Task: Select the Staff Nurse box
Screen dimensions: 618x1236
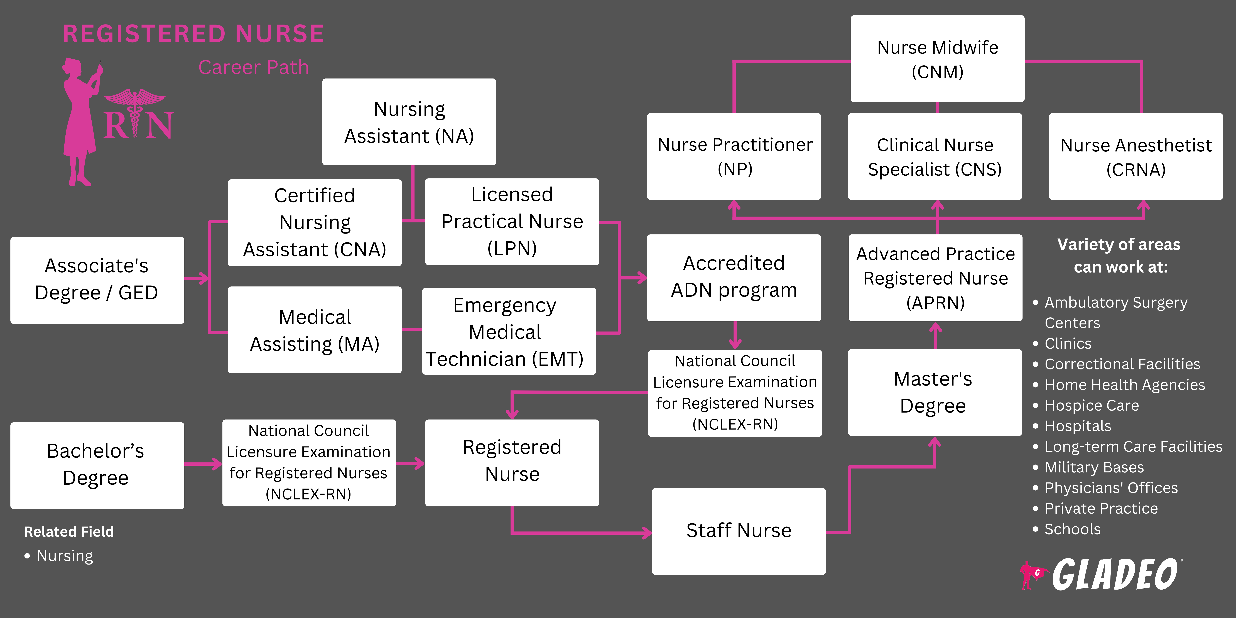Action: click(x=738, y=531)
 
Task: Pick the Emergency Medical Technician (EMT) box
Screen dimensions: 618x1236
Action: click(x=509, y=332)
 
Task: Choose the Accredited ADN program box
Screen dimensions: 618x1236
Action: click(x=734, y=277)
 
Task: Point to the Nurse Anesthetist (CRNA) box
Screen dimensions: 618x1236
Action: click(x=1136, y=157)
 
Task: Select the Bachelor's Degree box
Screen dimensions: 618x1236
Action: click(x=97, y=465)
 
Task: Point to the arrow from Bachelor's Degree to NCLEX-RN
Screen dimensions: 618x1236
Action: click(x=203, y=464)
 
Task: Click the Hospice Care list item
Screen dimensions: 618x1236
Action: click(x=1092, y=405)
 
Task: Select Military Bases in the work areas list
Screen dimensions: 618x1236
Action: click(x=1094, y=467)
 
